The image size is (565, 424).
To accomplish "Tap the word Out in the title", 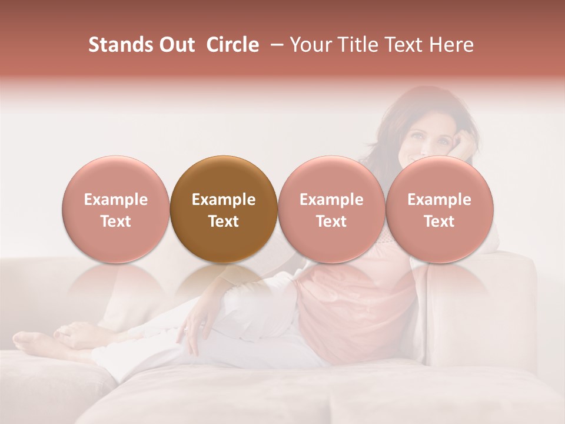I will point(175,45).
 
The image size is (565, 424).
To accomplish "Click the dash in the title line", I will point(274,45).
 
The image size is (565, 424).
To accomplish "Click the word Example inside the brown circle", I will point(224,200).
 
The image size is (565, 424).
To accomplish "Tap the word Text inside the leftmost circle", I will point(115,221).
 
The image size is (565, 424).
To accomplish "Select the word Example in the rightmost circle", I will point(439,200).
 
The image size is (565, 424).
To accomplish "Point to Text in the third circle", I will point(331,221).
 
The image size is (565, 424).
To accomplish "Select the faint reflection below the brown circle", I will point(223,283).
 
